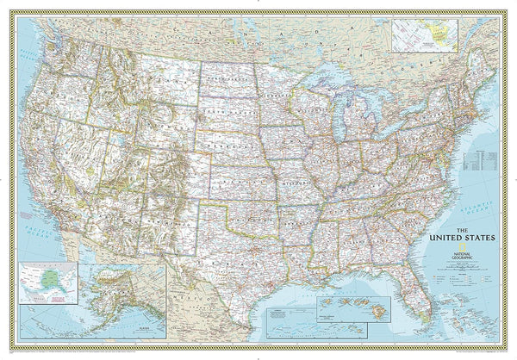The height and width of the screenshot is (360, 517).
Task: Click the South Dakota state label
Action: click(233, 108)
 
